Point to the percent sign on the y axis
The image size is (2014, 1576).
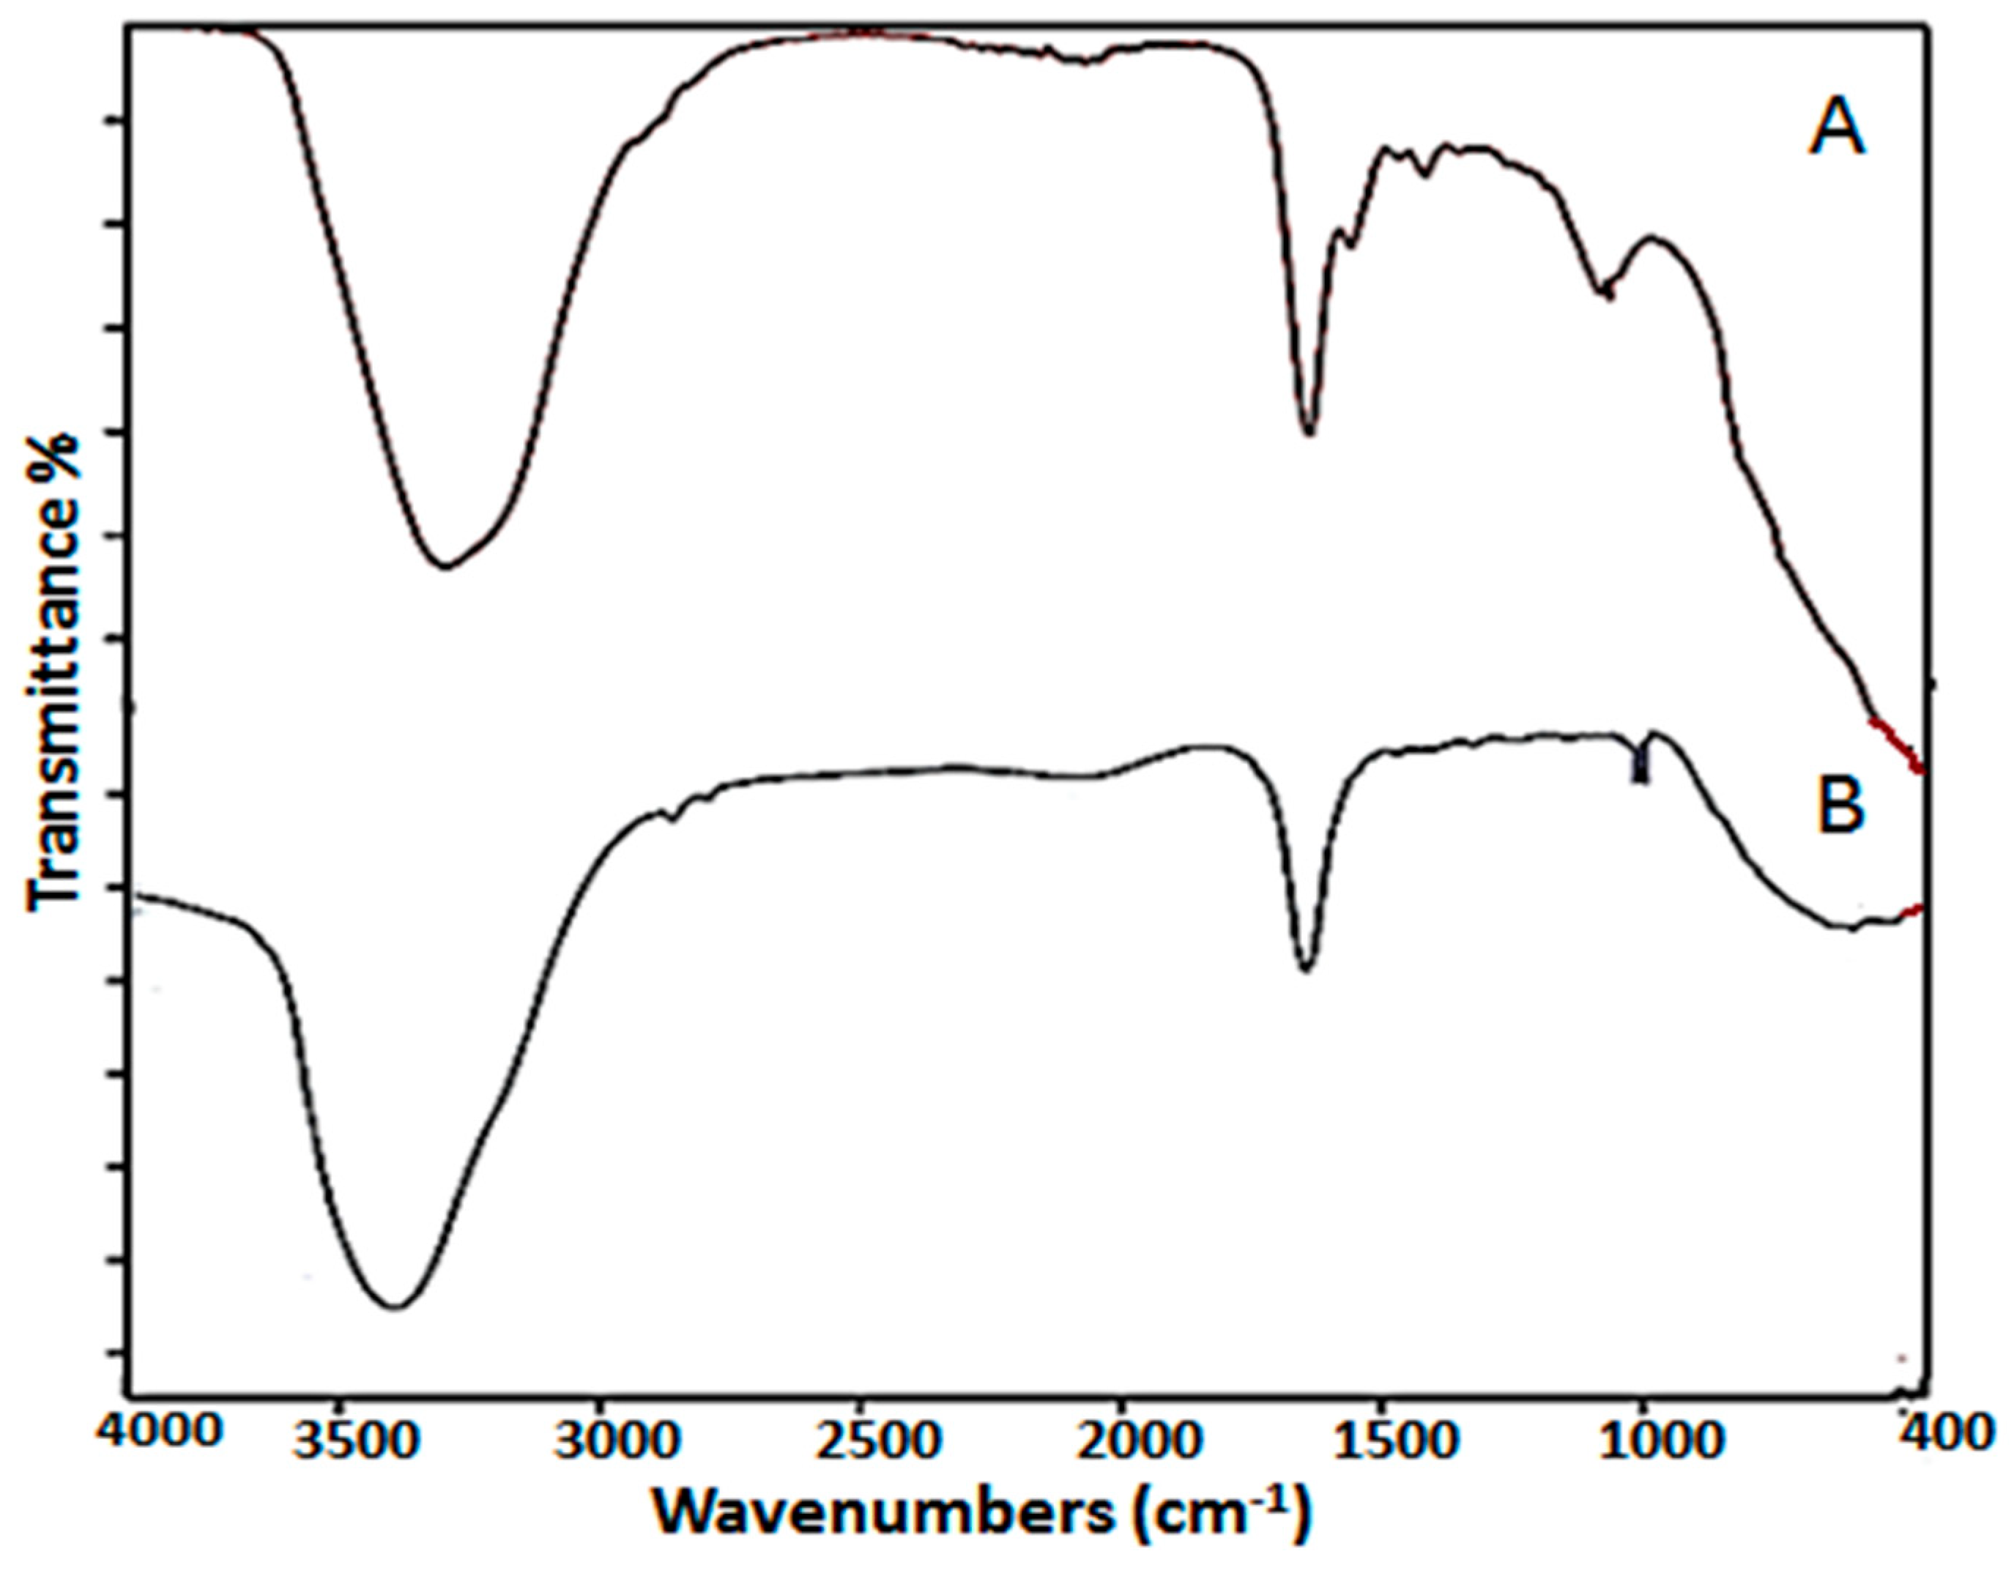56,461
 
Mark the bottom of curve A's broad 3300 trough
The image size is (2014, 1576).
445,565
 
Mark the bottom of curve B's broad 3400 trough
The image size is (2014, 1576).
395,1306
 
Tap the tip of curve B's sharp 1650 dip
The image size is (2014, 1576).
1304,970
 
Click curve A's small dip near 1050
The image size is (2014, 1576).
1605,294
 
